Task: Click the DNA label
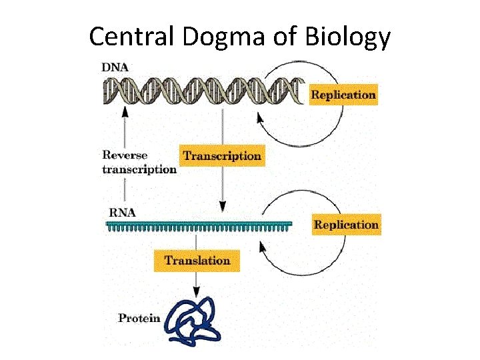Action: pyautogui.click(x=115, y=67)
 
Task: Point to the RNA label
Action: pyautogui.click(x=122, y=213)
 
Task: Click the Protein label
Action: pyautogui.click(x=139, y=317)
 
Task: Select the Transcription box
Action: pyautogui.click(x=222, y=155)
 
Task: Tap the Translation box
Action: pyautogui.click(x=197, y=260)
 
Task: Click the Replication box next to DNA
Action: pyautogui.click(x=343, y=95)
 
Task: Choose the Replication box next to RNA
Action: pyautogui.click(x=346, y=225)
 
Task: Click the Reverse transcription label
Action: pyautogui.click(x=139, y=162)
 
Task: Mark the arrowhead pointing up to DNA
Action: pyautogui.click(x=123, y=111)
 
